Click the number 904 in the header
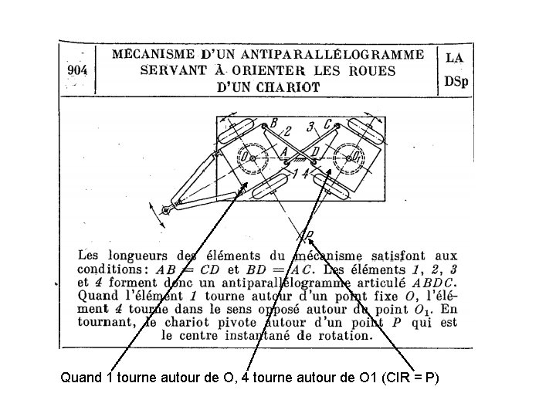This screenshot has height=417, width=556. pos(78,69)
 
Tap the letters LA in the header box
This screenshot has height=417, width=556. pos(455,57)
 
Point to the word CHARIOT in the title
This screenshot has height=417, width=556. pos(289,87)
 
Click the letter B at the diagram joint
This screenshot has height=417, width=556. pos(273,123)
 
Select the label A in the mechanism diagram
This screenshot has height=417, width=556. pos(284,151)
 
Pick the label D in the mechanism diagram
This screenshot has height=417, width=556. pos(317,151)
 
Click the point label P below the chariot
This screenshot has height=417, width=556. pos(309,235)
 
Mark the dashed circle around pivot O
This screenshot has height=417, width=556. pos(253,159)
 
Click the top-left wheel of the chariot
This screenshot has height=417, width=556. pos(236,131)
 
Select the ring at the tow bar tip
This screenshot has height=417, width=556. pos(166,210)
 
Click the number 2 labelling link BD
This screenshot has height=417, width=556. pos(287,131)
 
